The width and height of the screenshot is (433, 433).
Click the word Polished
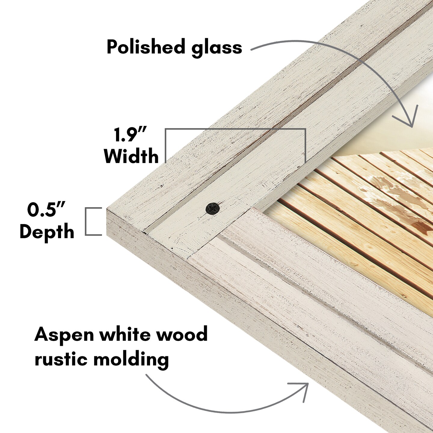(146, 47)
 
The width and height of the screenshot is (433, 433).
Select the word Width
(131, 156)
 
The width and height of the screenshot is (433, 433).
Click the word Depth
(47, 232)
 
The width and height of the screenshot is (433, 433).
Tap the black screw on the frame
(213, 208)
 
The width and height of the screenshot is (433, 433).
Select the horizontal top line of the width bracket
(235, 129)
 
